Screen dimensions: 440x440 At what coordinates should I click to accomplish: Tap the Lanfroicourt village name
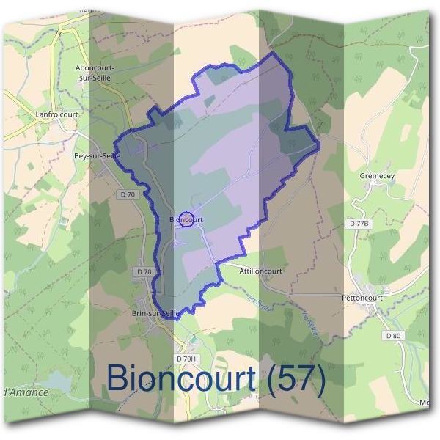[x=56, y=114]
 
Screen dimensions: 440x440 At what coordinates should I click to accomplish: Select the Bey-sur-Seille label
[x=97, y=156]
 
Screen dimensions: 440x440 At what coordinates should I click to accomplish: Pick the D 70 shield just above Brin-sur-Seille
[x=144, y=271]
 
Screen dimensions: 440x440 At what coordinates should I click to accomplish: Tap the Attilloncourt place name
[x=260, y=271]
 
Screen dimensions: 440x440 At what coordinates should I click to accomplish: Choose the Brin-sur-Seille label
[x=155, y=313]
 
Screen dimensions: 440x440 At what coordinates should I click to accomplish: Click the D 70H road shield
[x=187, y=358]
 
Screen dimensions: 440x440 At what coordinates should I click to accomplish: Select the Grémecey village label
[x=377, y=177]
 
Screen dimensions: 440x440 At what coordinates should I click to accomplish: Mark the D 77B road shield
[x=359, y=222]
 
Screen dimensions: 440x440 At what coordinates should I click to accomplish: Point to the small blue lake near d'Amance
[x=59, y=381]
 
